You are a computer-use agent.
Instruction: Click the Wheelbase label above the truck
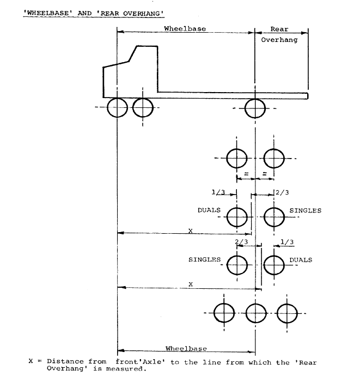point(185,29)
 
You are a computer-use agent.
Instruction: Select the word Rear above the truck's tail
point(280,29)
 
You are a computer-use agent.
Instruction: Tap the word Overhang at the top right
point(279,40)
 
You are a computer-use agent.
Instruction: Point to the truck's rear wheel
point(254,108)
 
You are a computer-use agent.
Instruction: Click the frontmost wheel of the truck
point(117,108)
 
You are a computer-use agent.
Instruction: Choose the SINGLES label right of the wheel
point(305,210)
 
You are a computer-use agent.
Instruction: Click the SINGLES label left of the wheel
point(204,259)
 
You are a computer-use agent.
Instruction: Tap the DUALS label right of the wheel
point(301,260)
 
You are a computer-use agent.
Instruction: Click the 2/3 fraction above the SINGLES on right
point(283,191)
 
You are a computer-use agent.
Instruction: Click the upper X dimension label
point(190,231)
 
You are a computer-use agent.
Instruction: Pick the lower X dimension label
point(190,284)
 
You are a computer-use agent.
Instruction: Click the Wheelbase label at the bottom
point(185,348)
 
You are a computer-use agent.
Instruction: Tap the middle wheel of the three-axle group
point(254,313)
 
